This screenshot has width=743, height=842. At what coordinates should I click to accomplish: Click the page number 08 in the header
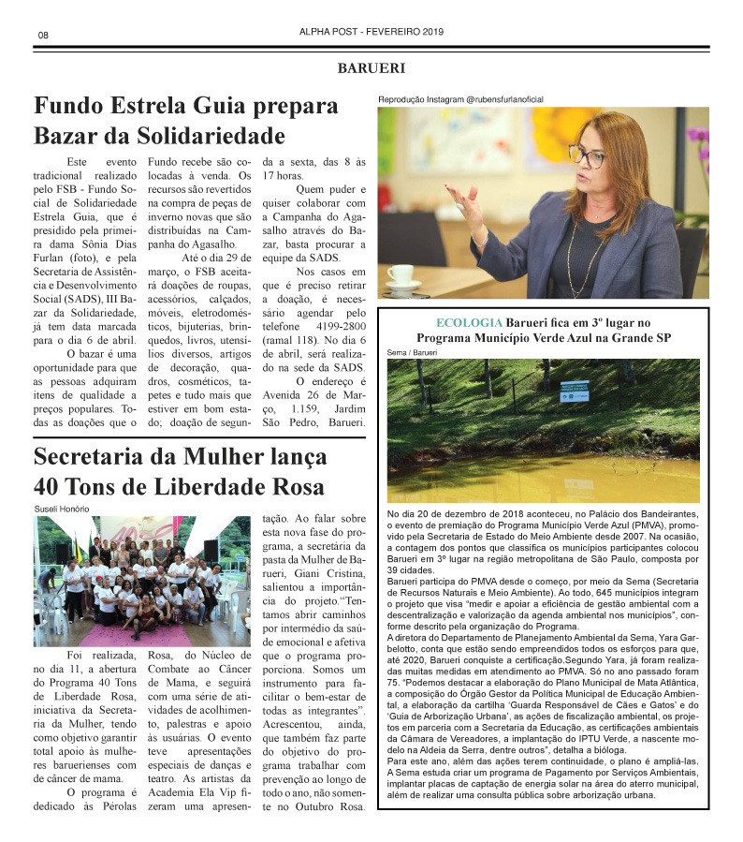pyautogui.click(x=43, y=35)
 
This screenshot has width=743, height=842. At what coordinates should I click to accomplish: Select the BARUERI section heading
pyautogui.click(x=371, y=68)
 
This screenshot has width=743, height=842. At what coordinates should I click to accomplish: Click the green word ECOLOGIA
pyautogui.click(x=468, y=323)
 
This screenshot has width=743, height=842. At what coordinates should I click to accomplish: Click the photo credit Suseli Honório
pyautogui.click(x=62, y=509)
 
